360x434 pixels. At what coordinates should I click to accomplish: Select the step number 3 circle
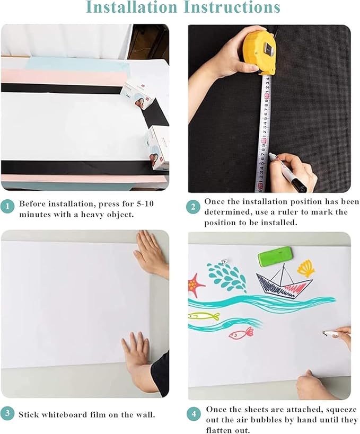click(7, 413)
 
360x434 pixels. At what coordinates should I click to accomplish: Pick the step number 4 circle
click(193, 413)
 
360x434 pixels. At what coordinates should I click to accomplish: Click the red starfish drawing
click(195, 285)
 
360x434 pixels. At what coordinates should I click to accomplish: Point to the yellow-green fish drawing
click(205, 316)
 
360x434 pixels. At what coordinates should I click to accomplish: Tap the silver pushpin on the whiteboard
click(224, 261)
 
